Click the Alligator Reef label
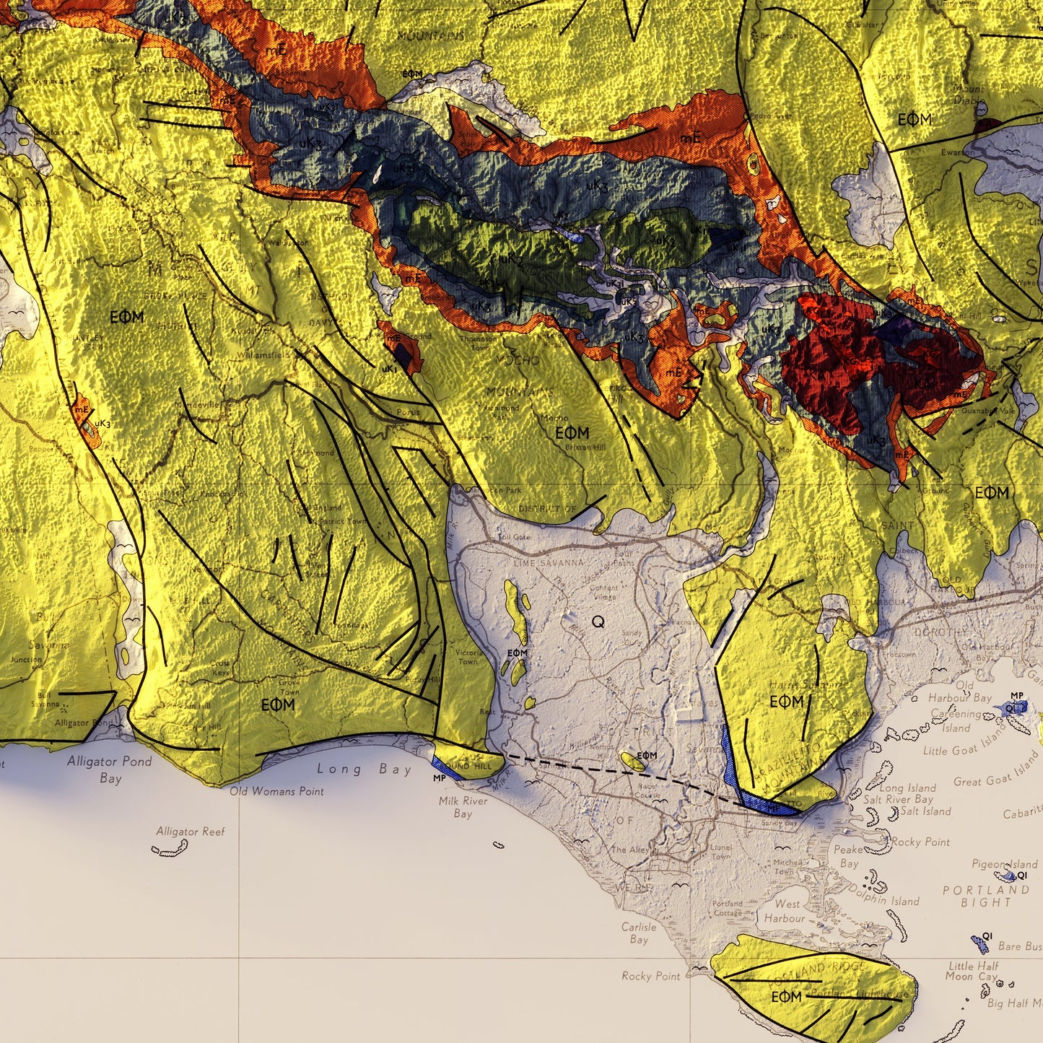click(191, 832)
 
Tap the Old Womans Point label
click(276, 791)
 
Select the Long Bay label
click(364, 769)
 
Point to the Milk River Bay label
click(463, 807)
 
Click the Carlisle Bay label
click(639, 933)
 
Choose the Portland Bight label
click(986, 896)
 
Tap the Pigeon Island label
click(1004, 864)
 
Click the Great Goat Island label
click(995, 770)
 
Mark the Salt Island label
click(926, 811)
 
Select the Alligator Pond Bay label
click(110, 769)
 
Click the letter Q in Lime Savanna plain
click(598, 621)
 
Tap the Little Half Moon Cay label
click(973, 971)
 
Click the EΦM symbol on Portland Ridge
click(786, 997)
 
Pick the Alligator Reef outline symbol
click(170, 849)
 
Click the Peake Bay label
click(849, 856)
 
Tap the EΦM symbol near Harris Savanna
click(786, 702)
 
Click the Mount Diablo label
click(969, 95)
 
